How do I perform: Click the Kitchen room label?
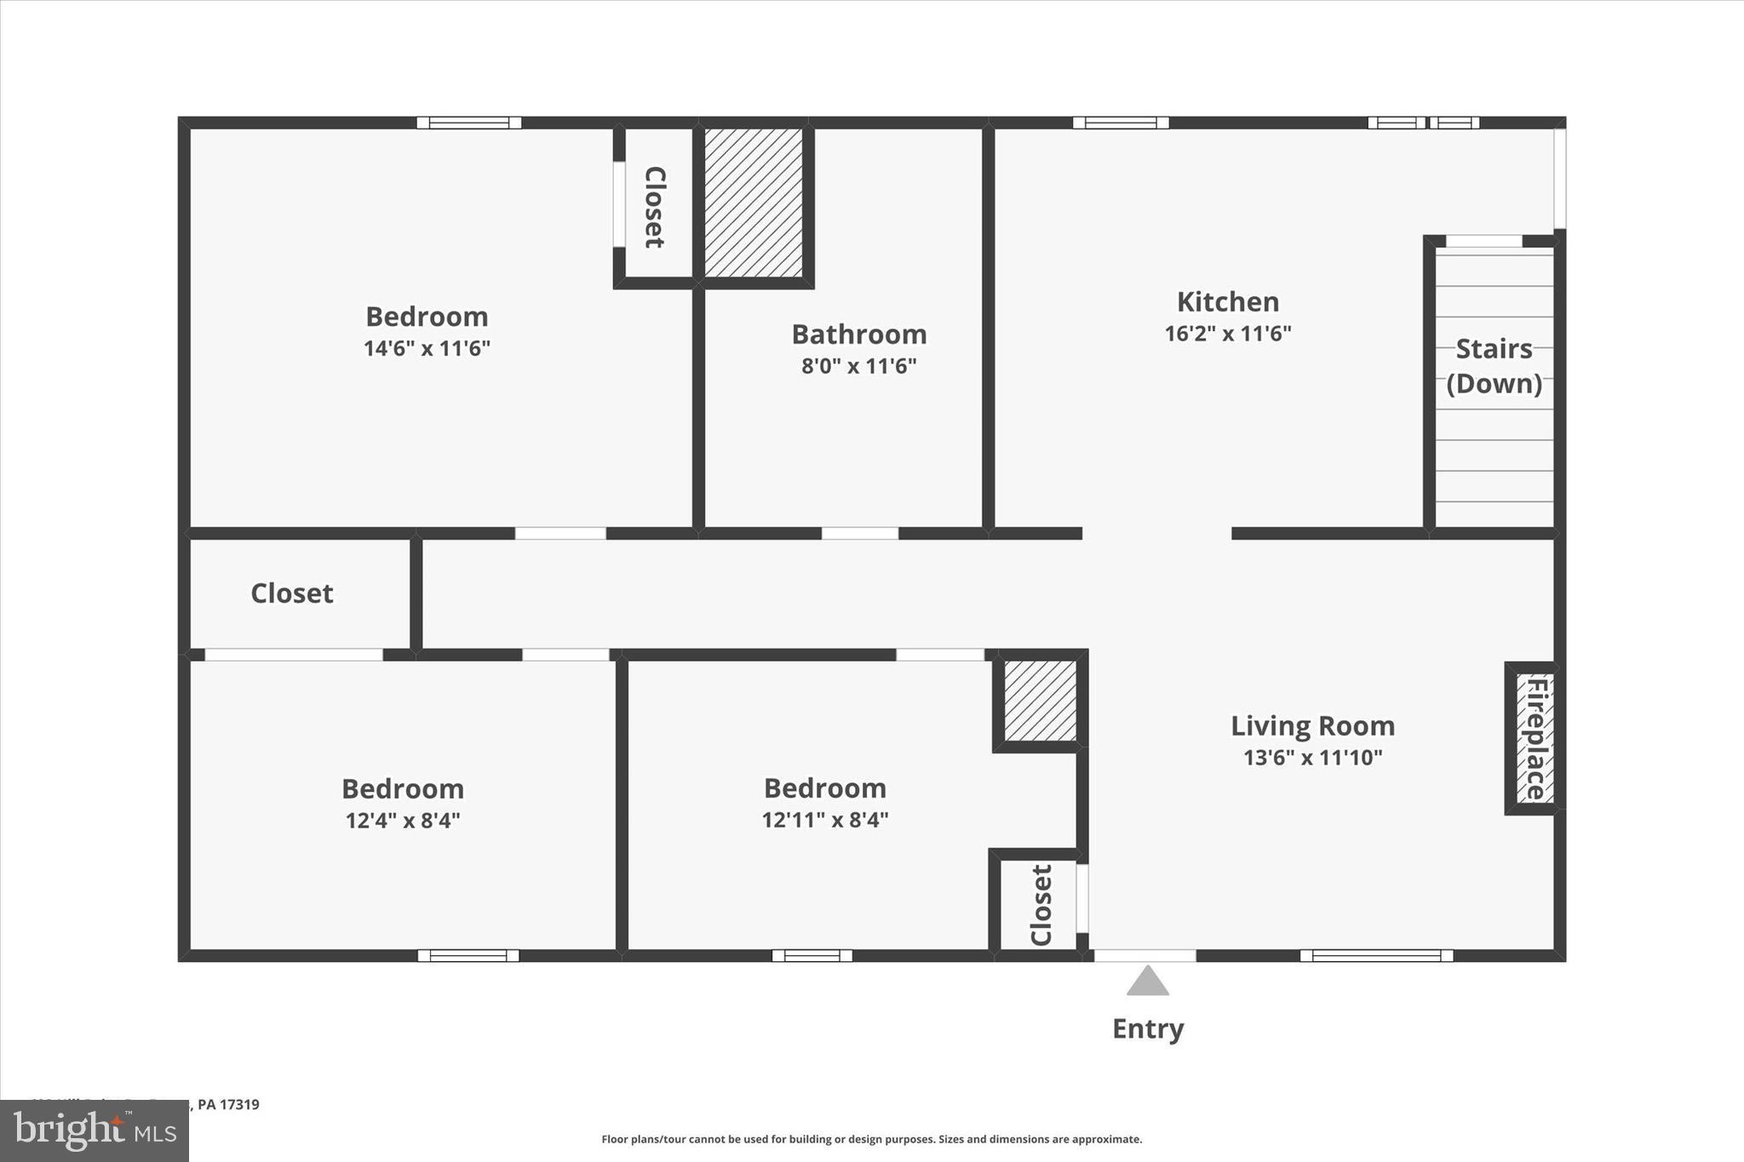1227,302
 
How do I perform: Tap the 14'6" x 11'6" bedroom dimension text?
427,349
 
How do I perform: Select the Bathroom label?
858,335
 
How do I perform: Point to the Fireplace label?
1535,738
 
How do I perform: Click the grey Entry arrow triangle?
1147,982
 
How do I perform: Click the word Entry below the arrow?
1147,1029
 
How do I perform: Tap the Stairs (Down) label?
1494,366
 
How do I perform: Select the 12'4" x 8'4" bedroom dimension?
403,821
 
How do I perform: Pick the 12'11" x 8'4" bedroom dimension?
824,820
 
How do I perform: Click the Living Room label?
1312,726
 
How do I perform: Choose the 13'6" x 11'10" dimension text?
1312,758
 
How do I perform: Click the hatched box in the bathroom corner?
753,203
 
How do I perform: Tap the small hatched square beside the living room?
1040,701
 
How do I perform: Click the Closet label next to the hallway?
291,593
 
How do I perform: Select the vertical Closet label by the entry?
1041,905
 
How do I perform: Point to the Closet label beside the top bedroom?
654,207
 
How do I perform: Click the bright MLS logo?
95,1131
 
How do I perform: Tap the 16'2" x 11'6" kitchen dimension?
1227,334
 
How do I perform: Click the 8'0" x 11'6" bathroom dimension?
858,366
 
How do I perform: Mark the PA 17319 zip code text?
228,1105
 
